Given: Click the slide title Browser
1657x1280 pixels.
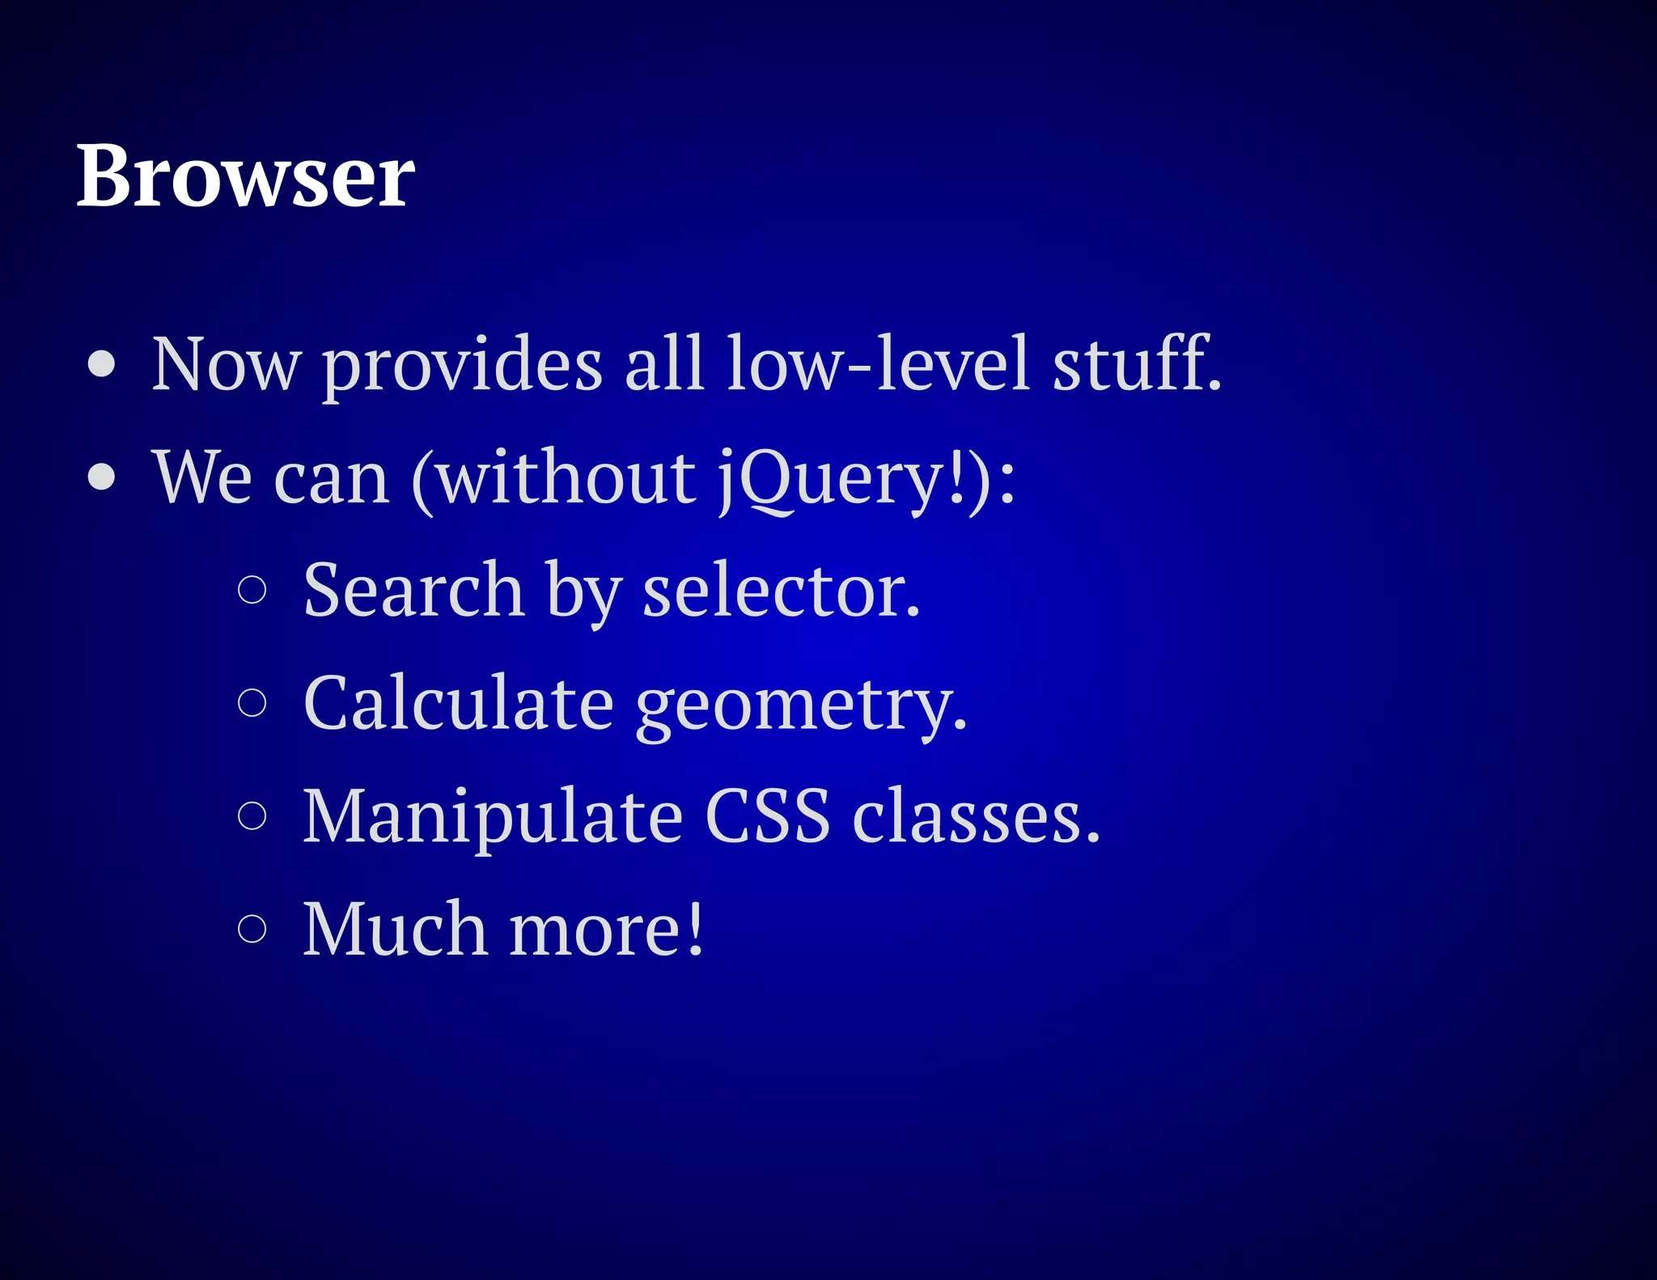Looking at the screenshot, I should coord(245,176).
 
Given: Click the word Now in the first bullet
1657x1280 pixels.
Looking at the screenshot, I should coord(226,365).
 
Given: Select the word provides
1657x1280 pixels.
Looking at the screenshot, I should coord(463,365).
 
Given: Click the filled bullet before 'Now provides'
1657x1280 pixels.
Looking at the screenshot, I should coord(102,365).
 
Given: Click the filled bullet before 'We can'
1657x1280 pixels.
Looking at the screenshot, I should coord(102,477).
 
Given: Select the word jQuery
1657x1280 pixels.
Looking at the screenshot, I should coord(833,479).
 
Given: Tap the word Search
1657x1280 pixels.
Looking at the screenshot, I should coord(413,590).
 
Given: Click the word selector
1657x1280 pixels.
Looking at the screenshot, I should coord(781,591).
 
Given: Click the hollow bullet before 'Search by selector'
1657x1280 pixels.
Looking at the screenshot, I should coord(252,590).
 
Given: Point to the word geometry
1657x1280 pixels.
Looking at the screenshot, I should coord(801,706).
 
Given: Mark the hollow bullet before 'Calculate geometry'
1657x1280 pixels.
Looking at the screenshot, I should coord(252,702).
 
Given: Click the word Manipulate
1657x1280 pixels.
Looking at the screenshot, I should coord(493,816).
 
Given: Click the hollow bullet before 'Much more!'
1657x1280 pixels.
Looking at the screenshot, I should coord(252,928).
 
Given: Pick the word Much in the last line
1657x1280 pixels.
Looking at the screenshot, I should coord(395,928).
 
